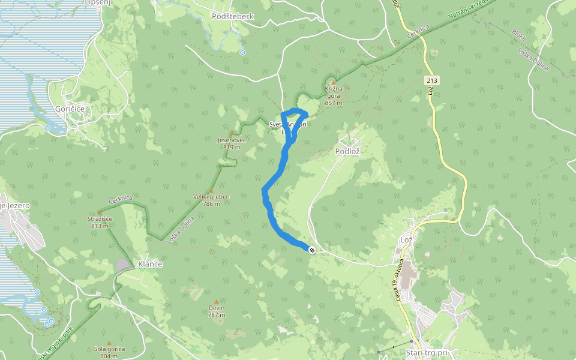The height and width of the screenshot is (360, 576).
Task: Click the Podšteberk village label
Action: click(x=233, y=16)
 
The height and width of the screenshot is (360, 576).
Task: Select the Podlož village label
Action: click(x=347, y=152)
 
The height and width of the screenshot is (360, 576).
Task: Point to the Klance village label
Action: click(x=150, y=263)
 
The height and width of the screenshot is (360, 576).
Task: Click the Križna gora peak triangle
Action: click(x=333, y=82)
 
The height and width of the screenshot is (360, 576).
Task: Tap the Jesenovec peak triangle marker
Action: click(x=232, y=133)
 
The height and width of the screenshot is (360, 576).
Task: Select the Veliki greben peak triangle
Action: click(x=211, y=190)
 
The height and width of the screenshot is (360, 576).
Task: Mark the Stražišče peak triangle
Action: click(x=99, y=212)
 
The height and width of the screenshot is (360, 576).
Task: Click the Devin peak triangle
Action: click(x=217, y=301)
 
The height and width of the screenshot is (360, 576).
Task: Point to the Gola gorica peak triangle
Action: click(x=109, y=343)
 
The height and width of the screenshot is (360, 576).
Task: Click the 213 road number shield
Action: click(x=431, y=80)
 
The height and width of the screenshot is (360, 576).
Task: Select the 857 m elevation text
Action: click(x=334, y=103)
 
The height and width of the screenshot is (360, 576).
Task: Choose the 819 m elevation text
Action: click(x=232, y=147)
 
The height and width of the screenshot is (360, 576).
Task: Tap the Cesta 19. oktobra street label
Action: click(x=400, y=276)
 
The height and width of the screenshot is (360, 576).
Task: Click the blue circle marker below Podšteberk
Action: click(x=242, y=53)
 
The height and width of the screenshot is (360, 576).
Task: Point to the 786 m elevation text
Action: click(x=211, y=204)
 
